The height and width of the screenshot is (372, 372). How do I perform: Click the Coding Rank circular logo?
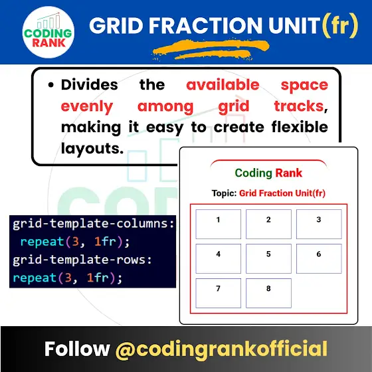(48, 33)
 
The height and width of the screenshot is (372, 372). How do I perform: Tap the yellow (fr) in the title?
(341, 25)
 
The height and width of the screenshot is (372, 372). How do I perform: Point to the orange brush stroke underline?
(211, 50)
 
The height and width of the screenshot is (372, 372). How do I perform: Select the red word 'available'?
(223, 85)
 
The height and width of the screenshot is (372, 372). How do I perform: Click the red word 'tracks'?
(299, 106)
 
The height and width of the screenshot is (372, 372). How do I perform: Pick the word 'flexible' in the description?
(300, 127)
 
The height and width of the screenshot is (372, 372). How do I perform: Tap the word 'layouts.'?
(92, 149)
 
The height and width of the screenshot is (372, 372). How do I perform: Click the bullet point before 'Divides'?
(50, 85)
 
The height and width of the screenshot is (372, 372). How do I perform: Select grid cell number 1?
(219, 224)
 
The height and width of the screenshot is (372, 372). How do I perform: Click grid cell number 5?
(268, 258)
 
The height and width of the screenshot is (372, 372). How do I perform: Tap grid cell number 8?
(268, 293)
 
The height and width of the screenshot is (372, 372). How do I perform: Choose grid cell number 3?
(319, 224)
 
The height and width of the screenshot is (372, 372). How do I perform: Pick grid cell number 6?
(319, 258)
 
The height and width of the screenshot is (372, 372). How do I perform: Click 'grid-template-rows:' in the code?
(82, 260)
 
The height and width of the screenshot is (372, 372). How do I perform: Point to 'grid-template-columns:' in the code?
(94, 224)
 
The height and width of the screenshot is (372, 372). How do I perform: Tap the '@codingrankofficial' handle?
(221, 349)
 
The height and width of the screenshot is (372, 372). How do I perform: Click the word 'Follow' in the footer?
(77, 349)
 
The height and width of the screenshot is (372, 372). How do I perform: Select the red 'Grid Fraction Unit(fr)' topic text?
(282, 193)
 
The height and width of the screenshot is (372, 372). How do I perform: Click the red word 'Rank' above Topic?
(288, 173)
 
